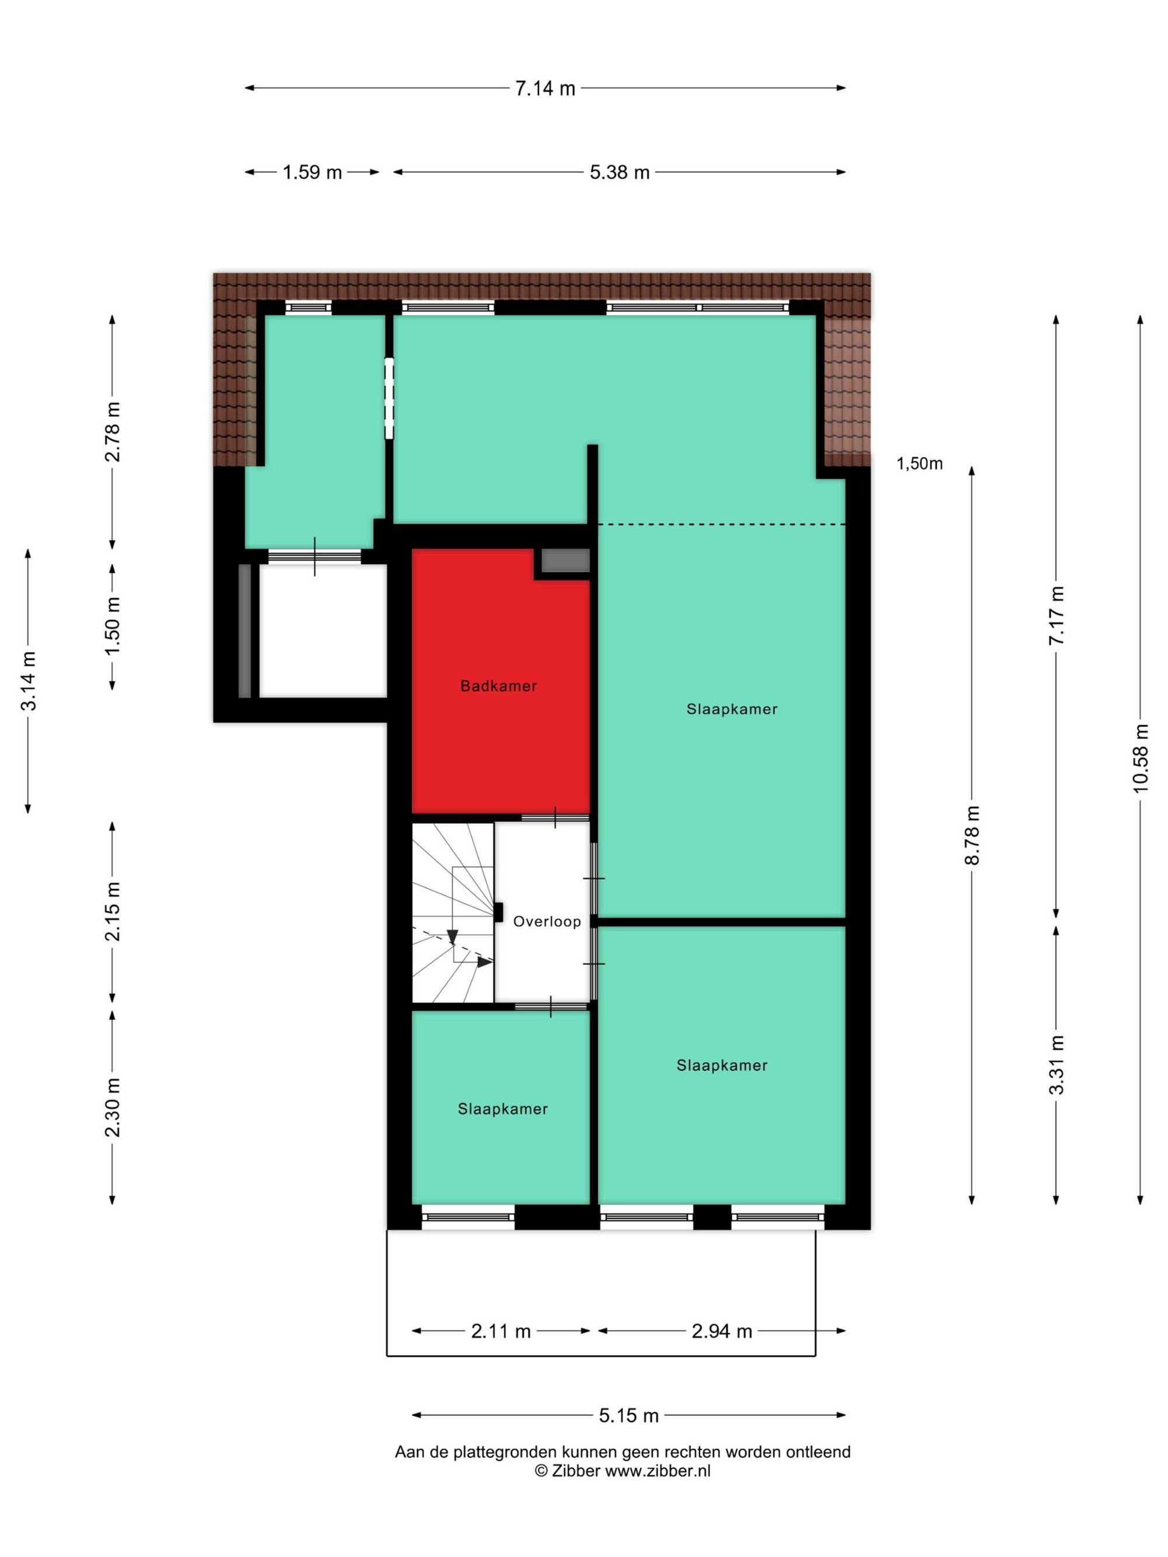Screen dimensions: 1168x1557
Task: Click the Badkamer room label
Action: coord(499,685)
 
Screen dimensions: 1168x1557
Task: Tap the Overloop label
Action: coord(547,921)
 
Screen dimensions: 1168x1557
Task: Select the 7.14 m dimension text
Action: coord(545,89)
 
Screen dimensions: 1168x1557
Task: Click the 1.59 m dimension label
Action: coord(312,172)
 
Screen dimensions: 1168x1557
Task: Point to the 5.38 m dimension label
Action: coord(620,172)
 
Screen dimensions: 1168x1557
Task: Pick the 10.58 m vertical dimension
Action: coord(1140,758)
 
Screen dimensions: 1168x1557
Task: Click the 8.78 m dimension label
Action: coord(972,835)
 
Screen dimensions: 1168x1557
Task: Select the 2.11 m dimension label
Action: coord(500,1331)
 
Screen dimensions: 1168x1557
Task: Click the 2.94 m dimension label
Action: coord(722,1331)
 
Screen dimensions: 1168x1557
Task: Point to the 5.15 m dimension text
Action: coord(629,1416)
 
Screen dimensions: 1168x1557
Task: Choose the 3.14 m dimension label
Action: coord(28,681)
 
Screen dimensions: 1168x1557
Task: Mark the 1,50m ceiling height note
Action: coord(919,463)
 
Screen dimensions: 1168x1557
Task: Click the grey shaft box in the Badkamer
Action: coord(565,560)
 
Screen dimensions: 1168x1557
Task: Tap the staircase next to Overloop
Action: coord(453,912)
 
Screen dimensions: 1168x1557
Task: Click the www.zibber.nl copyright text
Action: coord(623,1471)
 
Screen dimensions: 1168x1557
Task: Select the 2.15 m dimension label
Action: coord(113,911)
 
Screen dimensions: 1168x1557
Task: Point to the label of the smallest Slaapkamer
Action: coord(503,1109)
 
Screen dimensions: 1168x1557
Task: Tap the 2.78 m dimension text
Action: coord(113,431)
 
